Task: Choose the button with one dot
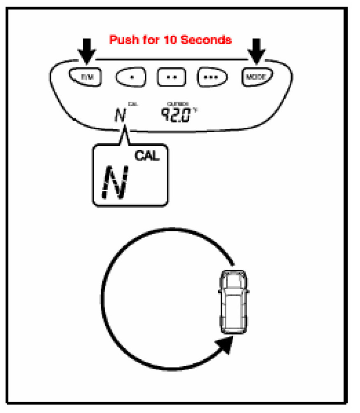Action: click(132, 76)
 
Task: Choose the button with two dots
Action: click(172, 76)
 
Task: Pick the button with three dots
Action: click(213, 76)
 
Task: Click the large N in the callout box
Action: click(116, 183)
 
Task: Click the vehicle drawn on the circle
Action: click(232, 302)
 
